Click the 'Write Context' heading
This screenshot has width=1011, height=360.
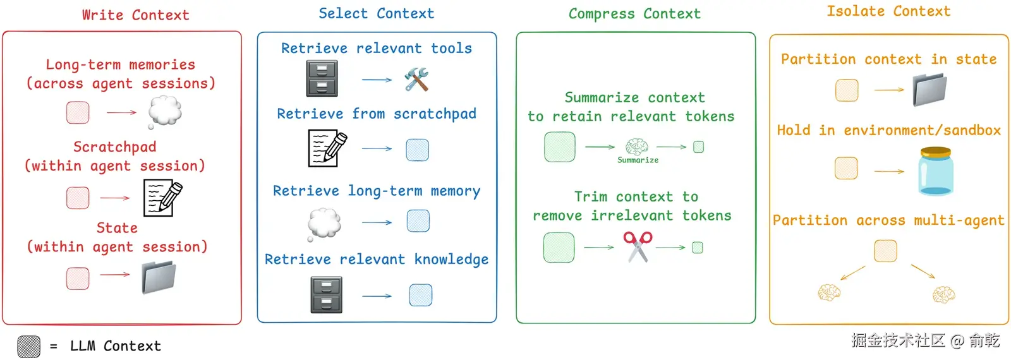click(x=135, y=15)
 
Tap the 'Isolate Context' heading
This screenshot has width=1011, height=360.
click(x=888, y=11)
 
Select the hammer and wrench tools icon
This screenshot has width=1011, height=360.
click(x=416, y=80)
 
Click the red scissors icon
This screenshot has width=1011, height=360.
click(x=638, y=246)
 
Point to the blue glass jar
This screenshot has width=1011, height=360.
click(x=935, y=171)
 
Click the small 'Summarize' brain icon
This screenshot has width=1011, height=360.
click(x=636, y=147)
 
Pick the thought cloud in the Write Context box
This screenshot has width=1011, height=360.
click(x=165, y=112)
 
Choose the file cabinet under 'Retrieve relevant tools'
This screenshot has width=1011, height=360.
click(x=322, y=79)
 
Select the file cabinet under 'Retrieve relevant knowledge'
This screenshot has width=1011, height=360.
click(x=326, y=295)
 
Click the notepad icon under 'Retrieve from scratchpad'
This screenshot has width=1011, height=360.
click(x=327, y=148)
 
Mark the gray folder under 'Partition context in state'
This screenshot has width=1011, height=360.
click(x=929, y=90)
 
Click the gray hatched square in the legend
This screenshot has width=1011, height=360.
click(x=28, y=346)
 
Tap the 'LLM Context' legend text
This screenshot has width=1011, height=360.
click(x=116, y=346)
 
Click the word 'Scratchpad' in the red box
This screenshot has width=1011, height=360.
click(x=114, y=147)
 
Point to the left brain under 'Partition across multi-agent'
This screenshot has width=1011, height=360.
click(x=829, y=292)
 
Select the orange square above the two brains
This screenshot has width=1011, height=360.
click(x=885, y=251)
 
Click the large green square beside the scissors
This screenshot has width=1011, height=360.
click(x=559, y=247)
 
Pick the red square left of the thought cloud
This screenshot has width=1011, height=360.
click(x=78, y=112)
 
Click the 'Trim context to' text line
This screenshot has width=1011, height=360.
click(x=636, y=197)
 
